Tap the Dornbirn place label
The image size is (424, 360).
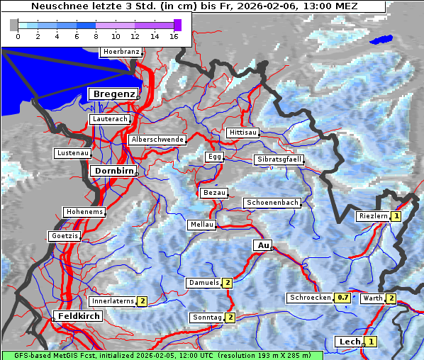(x=113, y=171)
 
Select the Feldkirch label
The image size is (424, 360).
(x=79, y=315)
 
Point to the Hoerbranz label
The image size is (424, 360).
(x=121, y=52)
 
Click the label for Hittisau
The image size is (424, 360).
(x=243, y=133)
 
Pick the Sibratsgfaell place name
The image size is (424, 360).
(x=279, y=159)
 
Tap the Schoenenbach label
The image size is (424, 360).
(x=272, y=203)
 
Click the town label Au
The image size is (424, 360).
(x=262, y=245)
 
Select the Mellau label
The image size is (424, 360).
(x=201, y=225)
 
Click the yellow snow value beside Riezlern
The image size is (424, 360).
(x=396, y=216)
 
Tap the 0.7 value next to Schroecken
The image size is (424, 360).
(x=343, y=298)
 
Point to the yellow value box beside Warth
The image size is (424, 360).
(x=391, y=298)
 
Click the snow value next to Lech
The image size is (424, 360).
(x=370, y=342)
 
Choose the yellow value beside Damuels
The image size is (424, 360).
(x=228, y=283)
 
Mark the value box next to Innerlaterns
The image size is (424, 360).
(x=142, y=301)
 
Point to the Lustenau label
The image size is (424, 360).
(x=72, y=153)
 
